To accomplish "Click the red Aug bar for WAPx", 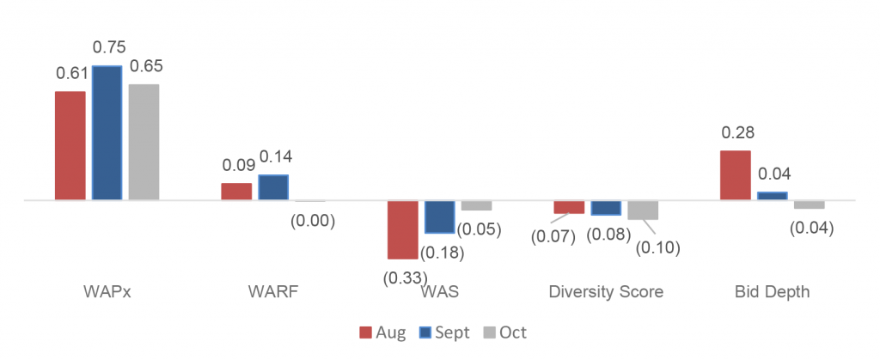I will pyautogui.click(x=70, y=145).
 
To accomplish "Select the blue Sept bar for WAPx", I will pyautogui.click(x=107, y=133).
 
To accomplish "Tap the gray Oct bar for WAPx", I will pyautogui.click(x=144, y=142).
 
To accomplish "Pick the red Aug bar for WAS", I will pyautogui.click(x=402, y=229).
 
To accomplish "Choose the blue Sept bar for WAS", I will pyautogui.click(x=439, y=217).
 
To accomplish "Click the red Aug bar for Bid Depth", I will pyautogui.click(x=735, y=175).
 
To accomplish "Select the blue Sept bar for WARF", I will pyautogui.click(x=273, y=187).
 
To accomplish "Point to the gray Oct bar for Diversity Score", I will pyautogui.click(x=642, y=210).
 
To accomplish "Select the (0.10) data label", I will pyautogui.click(x=657, y=248).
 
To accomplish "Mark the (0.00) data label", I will pyautogui.click(x=312, y=220).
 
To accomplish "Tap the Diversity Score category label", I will pyautogui.click(x=606, y=292).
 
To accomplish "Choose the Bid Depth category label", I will pyautogui.click(x=773, y=292).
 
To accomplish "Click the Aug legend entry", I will pyautogui.click(x=382, y=333).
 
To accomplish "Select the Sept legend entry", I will pyautogui.click(x=443, y=333).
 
